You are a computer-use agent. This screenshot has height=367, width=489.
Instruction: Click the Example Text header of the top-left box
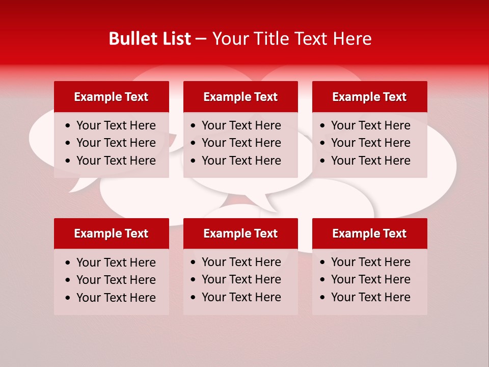click(x=111, y=97)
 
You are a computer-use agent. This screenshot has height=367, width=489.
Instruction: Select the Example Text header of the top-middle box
click(x=240, y=97)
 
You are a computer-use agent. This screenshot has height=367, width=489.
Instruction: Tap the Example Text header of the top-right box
click(x=369, y=97)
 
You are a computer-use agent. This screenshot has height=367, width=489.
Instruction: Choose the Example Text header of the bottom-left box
click(x=111, y=233)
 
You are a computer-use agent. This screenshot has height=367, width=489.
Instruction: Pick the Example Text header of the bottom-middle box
click(x=240, y=233)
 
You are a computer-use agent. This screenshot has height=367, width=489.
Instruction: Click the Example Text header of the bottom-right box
click(x=369, y=233)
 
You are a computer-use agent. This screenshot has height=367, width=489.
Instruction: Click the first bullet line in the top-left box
click(x=116, y=125)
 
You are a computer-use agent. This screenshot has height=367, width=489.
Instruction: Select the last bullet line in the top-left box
click(x=116, y=161)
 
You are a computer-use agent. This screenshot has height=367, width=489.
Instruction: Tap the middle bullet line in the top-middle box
click(x=241, y=143)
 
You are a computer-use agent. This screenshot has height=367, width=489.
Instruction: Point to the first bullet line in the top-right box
click(x=370, y=125)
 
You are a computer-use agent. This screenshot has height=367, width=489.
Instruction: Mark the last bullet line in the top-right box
click(x=370, y=161)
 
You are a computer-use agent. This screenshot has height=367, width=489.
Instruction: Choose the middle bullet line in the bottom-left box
click(x=116, y=280)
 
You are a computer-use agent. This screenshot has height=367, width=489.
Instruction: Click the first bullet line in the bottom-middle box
click(x=241, y=262)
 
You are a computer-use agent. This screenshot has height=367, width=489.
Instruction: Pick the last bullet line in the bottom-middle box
click(x=241, y=297)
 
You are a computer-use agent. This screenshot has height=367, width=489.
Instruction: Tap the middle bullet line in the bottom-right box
click(x=370, y=279)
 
